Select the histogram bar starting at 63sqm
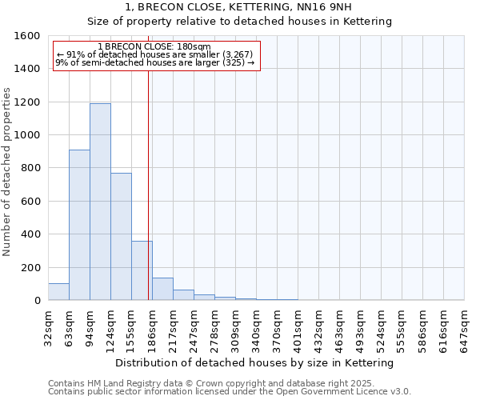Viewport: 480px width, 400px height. coord(79,225)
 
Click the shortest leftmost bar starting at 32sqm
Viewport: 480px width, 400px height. coord(58,292)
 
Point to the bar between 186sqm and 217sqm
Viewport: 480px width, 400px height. coord(162,289)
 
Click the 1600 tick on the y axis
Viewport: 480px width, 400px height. coord(27,36)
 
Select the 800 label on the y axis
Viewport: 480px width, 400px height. coord(30,168)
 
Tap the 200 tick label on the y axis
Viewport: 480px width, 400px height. coord(30,267)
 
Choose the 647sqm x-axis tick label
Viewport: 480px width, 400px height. coord(465,325)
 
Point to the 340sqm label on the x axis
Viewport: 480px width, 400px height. coord(257,325)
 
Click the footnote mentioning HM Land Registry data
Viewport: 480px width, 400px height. coord(229,383)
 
